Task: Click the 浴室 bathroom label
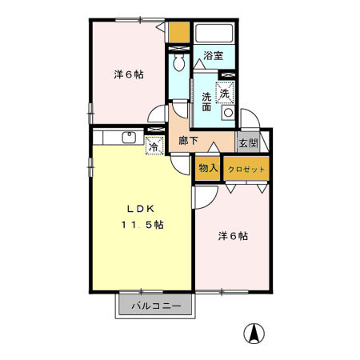pos(213,56)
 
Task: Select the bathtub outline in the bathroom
pos(214,34)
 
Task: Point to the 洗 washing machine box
pos(226,93)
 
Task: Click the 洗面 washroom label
pos(206,98)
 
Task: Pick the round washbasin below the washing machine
pos(228,113)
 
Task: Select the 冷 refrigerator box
pos(155,146)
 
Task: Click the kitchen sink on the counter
pos(129,138)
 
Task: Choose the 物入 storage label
pos(208,169)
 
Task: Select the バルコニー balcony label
pos(155,306)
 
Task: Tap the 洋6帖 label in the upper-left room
pos(128,74)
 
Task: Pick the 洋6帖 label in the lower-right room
pos(233,236)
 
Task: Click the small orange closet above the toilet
pos(179,33)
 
